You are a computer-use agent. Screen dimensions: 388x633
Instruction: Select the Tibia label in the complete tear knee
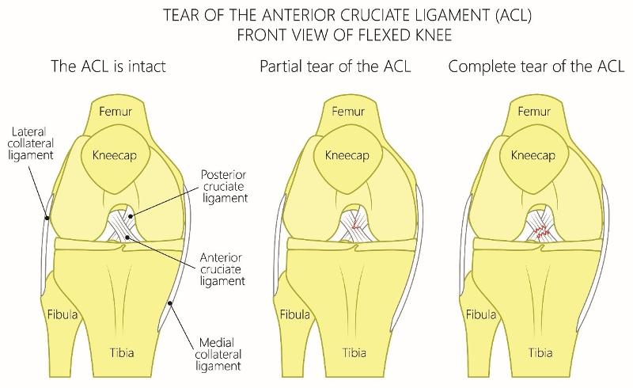click(x=540, y=349)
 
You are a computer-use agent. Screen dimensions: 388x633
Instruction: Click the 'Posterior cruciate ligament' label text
click(x=226, y=186)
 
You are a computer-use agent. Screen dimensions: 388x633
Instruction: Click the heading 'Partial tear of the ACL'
click(x=347, y=67)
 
